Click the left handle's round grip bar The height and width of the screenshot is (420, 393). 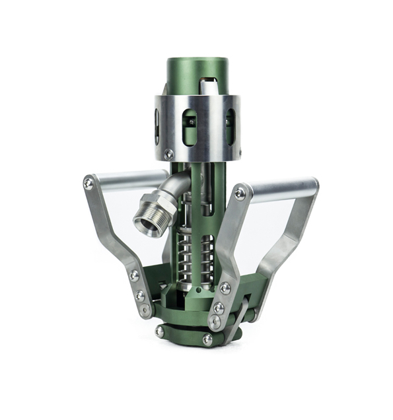click(125, 180)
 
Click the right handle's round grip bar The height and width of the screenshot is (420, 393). click(281, 192)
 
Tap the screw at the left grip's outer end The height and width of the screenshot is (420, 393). click(89, 184)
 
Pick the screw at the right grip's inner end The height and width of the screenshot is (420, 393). click(240, 193)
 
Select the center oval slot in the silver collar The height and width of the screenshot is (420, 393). click(190, 125)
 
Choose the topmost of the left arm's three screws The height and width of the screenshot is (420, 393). click(135, 275)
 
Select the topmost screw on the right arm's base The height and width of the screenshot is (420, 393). click(225, 288)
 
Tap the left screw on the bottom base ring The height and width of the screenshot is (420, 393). click(159, 332)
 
